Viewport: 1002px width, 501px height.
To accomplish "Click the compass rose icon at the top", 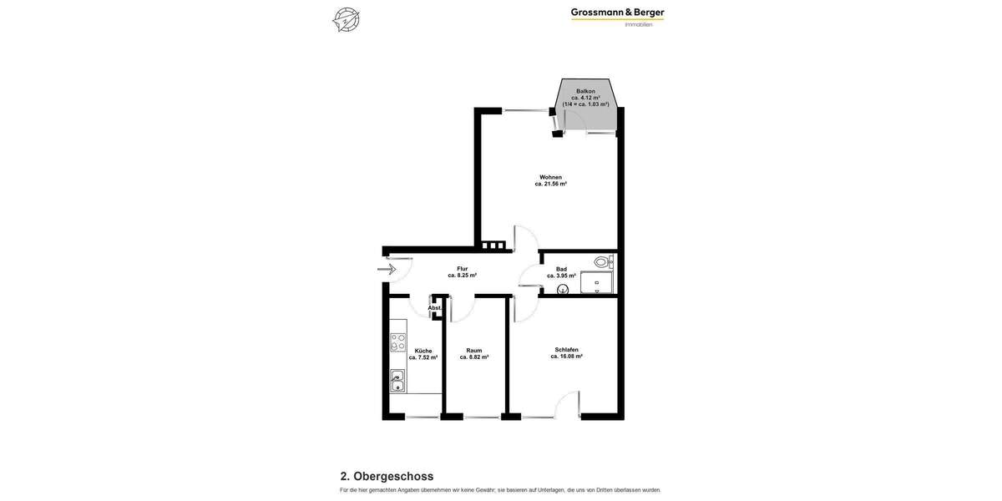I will click(346, 19).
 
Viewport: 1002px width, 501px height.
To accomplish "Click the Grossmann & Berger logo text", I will click(617, 13).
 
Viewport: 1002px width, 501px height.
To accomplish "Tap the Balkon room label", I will click(585, 91).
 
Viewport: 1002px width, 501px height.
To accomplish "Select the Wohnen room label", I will click(550, 177).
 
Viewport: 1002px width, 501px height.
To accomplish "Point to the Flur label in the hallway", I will click(462, 269).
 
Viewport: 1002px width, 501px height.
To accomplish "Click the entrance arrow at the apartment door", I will click(387, 269).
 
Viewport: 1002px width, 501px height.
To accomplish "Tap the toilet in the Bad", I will click(602, 261).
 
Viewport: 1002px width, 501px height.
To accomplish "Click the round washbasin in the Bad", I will click(563, 289).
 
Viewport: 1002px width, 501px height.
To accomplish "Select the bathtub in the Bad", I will click(597, 283).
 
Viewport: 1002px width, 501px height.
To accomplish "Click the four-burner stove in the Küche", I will click(397, 342).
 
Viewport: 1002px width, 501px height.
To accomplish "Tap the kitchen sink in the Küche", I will click(397, 381).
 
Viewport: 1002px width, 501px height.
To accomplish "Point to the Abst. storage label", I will click(434, 308).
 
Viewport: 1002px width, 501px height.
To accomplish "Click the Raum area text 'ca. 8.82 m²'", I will click(474, 357).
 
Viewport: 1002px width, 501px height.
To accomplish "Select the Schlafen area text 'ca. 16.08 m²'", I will click(566, 357).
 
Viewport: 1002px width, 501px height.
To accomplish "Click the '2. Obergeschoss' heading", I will click(387, 476).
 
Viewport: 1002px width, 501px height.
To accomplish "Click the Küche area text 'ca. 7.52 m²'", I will click(423, 357).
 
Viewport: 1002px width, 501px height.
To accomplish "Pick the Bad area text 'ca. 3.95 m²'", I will click(561, 276).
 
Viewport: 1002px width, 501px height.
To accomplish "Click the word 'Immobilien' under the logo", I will click(639, 24).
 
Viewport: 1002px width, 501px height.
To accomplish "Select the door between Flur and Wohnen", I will click(525, 238).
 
